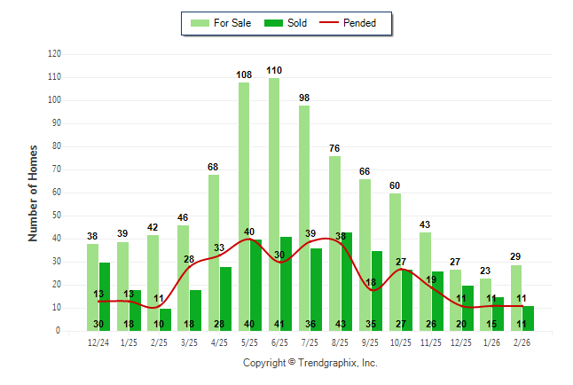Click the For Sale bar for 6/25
(273, 204)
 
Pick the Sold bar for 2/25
(165, 319)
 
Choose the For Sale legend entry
(222, 23)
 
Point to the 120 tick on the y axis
(54, 54)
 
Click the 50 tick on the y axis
(57, 216)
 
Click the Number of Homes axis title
(34, 192)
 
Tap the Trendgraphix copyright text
(310, 363)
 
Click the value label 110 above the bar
(274, 70)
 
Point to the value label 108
(244, 75)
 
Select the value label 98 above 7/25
(304, 98)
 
